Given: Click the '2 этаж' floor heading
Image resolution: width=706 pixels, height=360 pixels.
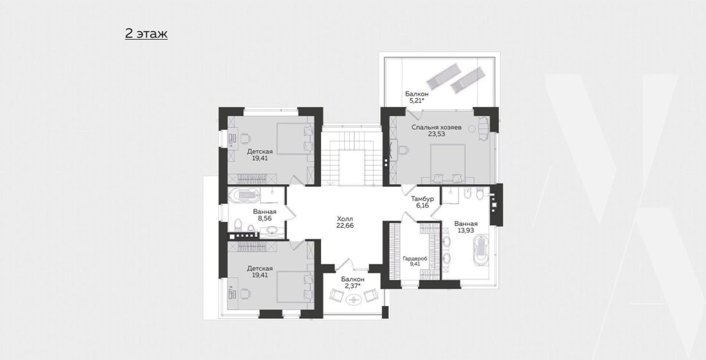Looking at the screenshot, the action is pyautogui.click(x=146, y=34).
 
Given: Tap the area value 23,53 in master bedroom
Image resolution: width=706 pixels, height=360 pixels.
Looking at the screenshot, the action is pyautogui.click(x=436, y=134).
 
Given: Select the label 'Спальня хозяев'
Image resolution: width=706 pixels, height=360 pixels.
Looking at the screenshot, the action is pyautogui.click(x=436, y=127).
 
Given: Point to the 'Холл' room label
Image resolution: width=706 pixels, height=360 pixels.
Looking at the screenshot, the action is pyautogui.click(x=345, y=219).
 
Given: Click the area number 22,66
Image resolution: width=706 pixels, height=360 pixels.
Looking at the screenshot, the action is pyautogui.click(x=345, y=225).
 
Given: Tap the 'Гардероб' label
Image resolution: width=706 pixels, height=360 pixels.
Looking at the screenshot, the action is pyautogui.click(x=415, y=259).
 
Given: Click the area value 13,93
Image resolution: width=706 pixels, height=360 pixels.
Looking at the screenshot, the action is pyautogui.click(x=465, y=230).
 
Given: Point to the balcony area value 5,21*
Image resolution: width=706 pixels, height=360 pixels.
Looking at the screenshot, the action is pyautogui.click(x=417, y=101).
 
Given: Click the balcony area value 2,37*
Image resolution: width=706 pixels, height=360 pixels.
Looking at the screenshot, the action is pyautogui.click(x=352, y=286).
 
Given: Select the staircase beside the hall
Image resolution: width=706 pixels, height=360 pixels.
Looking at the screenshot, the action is pyautogui.click(x=352, y=155).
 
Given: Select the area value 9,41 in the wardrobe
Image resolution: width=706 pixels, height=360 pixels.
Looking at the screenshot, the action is pyautogui.click(x=415, y=264).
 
